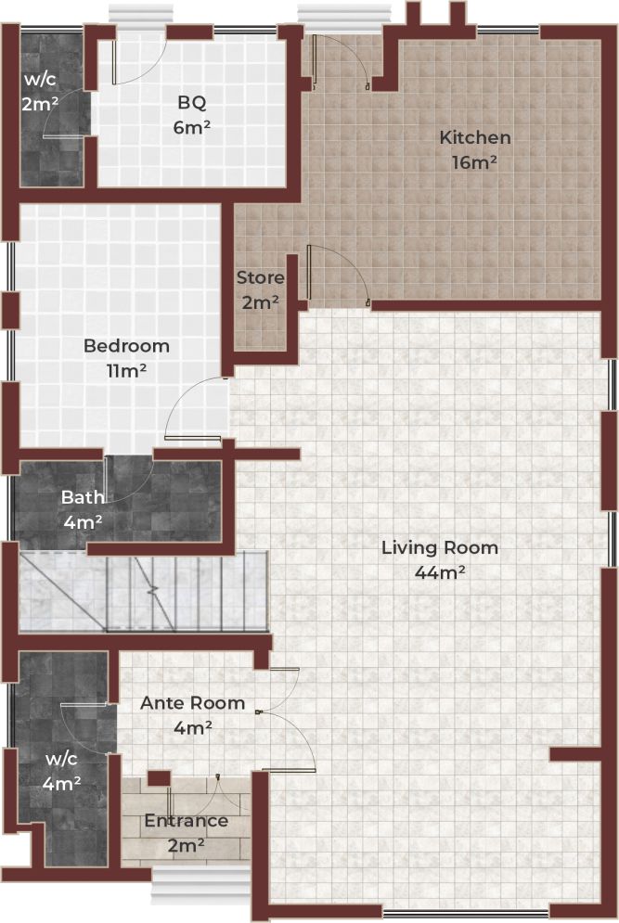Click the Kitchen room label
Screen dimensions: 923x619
(x=474, y=138)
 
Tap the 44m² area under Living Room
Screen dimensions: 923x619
(x=440, y=572)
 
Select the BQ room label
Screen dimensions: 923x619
(x=192, y=103)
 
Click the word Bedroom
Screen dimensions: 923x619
(x=126, y=346)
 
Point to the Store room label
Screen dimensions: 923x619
(x=260, y=278)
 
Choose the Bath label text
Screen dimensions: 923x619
(x=83, y=497)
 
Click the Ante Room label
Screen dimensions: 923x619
(x=192, y=703)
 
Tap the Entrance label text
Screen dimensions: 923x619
(x=186, y=821)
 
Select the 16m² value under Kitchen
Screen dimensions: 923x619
(x=474, y=162)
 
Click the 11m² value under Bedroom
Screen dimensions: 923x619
(x=126, y=370)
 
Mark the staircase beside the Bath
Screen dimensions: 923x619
(x=144, y=591)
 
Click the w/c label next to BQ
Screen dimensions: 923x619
(x=39, y=79)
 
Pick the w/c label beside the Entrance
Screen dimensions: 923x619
(x=63, y=758)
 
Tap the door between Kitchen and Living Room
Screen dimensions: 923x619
(x=339, y=274)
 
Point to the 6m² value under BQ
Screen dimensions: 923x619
(x=192, y=127)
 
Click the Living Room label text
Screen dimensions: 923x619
(x=440, y=547)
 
